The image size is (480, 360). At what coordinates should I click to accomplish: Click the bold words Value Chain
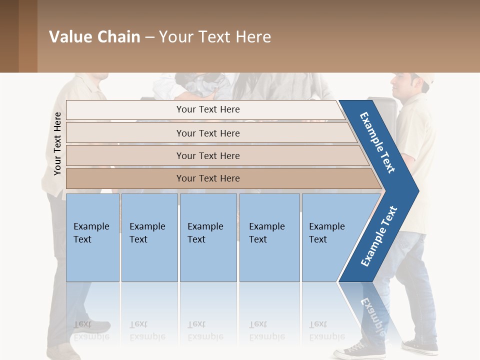click(x=94, y=37)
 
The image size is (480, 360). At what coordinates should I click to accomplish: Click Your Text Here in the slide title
click(x=215, y=37)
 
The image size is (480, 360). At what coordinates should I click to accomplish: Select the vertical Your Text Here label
click(x=57, y=144)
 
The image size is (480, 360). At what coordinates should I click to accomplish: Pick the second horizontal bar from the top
click(x=208, y=133)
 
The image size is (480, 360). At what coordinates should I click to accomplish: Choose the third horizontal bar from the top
click(x=208, y=155)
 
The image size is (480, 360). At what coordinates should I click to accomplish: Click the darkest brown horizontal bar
click(x=208, y=178)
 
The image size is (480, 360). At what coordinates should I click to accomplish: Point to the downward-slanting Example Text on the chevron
click(x=377, y=142)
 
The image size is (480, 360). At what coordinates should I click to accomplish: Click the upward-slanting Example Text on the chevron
click(x=379, y=236)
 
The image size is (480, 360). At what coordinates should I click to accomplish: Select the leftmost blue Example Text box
click(x=92, y=237)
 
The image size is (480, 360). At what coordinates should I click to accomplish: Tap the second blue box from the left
click(x=149, y=237)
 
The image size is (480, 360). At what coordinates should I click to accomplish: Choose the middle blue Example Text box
click(x=208, y=237)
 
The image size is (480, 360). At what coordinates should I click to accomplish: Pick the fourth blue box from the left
click(x=269, y=237)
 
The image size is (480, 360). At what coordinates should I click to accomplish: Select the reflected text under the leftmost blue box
click(x=91, y=330)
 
